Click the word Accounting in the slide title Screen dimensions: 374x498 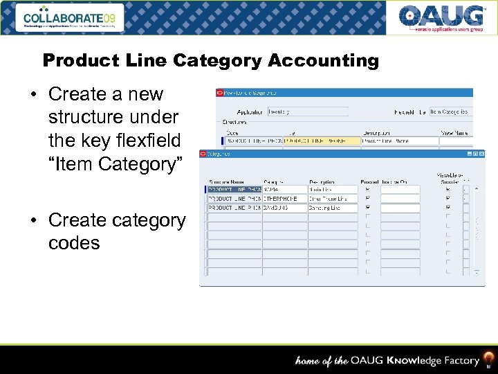click(x=323, y=61)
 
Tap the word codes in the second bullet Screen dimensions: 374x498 click(x=74, y=243)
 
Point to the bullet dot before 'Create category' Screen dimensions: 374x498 click(x=34, y=220)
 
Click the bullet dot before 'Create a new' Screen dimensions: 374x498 click(x=34, y=94)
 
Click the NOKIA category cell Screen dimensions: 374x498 click(x=284, y=189)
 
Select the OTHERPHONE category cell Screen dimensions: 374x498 click(x=284, y=198)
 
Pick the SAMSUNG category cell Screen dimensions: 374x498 click(x=284, y=208)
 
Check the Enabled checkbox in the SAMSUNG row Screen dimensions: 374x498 click(x=367, y=208)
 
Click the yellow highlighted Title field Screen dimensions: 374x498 click(x=322, y=141)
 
